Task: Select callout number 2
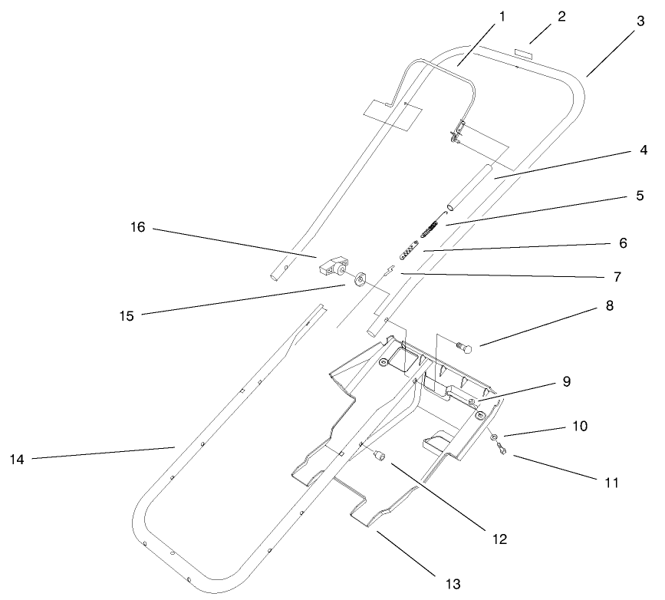[561, 16]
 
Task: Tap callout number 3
[640, 23]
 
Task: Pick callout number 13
[454, 584]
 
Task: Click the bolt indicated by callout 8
[466, 348]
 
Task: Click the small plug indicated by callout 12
[378, 457]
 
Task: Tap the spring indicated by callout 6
[410, 250]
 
